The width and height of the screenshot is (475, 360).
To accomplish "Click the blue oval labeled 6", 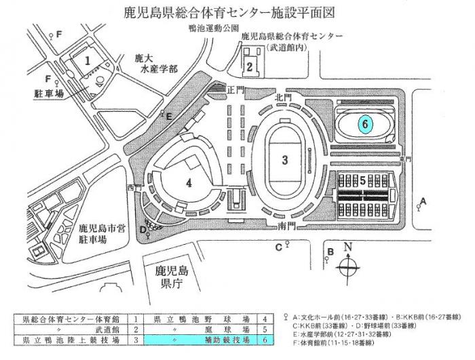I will [365, 124].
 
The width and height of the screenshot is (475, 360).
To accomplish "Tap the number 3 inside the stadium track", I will [286, 160].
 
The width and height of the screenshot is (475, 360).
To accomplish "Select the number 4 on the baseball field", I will [189, 182].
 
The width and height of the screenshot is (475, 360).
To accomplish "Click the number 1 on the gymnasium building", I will [88, 60].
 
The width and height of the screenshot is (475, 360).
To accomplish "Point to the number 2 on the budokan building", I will [250, 66].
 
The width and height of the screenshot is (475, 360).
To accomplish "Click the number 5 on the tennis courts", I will [363, 181].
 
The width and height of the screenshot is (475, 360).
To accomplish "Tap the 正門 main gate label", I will [235, 89].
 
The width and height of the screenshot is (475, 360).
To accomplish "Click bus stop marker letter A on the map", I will [423, 201].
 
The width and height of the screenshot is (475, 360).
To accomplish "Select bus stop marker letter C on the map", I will [278, 246].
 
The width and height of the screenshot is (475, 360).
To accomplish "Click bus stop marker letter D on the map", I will [142, 229].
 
